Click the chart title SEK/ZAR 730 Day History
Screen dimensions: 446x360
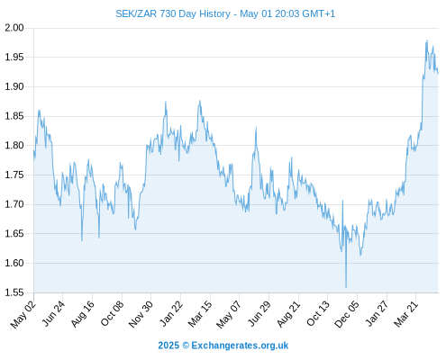[173, 13]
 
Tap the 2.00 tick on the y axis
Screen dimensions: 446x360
[14, 28]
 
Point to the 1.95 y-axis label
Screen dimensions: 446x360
[14, 57]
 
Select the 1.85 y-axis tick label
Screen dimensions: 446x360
[14, 116]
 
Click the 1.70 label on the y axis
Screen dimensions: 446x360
[14, 204]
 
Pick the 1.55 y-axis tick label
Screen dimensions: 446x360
[14, 292]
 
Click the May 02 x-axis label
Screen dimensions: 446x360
[23, 313]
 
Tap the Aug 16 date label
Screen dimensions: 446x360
[83, 313]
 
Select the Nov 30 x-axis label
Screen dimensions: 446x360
[141, 313]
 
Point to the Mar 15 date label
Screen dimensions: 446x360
[200, 313]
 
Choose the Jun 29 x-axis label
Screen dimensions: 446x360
[259, 313]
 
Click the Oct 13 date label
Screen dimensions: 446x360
[318, 313]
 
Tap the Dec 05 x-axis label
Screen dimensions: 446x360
[347, 313]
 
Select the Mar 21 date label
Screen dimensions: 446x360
[406, 313]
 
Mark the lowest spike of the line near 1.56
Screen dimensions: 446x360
[346, 287]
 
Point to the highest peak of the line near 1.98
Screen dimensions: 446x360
[427, 40]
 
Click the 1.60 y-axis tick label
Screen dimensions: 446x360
[14, 263]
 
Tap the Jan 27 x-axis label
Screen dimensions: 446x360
[377, 313]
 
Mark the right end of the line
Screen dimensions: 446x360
[438, 73]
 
